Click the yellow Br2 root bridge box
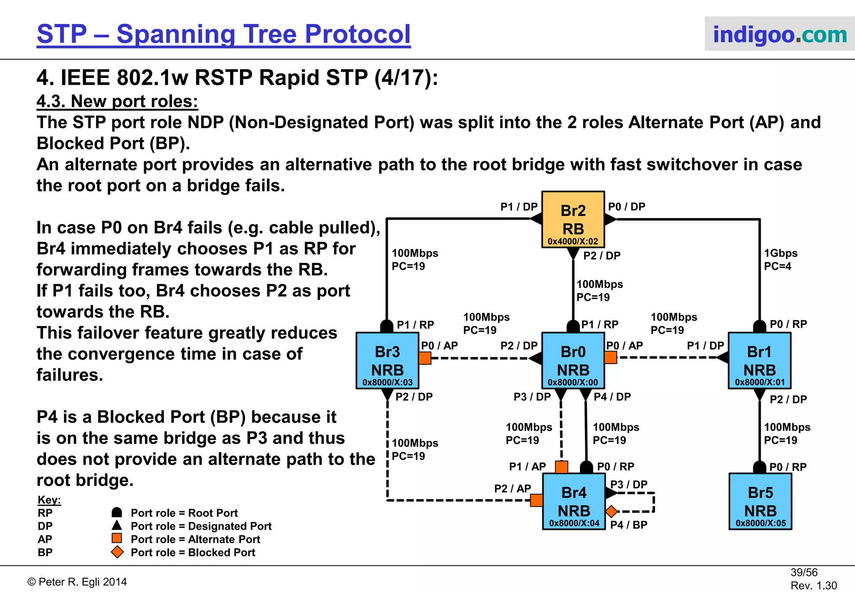point(573,219)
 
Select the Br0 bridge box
point(573,360)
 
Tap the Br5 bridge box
point(760,501)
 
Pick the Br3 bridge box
point(387,360)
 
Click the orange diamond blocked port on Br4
point(612,511)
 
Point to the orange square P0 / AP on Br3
point(425,358)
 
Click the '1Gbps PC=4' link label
point(780,260)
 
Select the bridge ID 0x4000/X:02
point(573,241)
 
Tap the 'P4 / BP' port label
point(629,525)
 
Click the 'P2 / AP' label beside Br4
point(512,488)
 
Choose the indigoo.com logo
point(779,34)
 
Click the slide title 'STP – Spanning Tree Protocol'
point(224,34)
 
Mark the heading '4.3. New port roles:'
point(117,101)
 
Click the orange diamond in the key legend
point(117,552)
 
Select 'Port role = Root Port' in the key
point(184,513)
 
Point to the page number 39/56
point(804,572)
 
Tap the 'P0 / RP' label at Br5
point(788,467)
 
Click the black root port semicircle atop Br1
point(759,326)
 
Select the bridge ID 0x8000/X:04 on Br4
point(574,523)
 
